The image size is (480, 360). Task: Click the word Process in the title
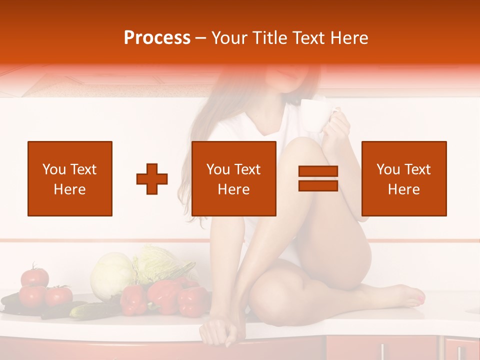click(x=157, y=37)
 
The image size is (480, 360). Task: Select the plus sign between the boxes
click(x=152, y=178)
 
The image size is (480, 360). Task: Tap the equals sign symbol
click(x=318, y=178)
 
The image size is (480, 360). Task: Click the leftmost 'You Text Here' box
click(x=70, y=178)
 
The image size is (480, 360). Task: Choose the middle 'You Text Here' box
click(x=234, y=178)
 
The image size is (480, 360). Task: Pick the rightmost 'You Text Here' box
click(x=404, y=178)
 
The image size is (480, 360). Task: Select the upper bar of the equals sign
click(x=318, y=171)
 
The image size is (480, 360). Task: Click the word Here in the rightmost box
click(x=404, y=189)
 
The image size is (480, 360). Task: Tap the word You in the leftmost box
click(x=53, y=169)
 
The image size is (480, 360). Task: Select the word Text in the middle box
click(x=247, y=169)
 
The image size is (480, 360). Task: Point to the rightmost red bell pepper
click(x=192, y=301)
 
